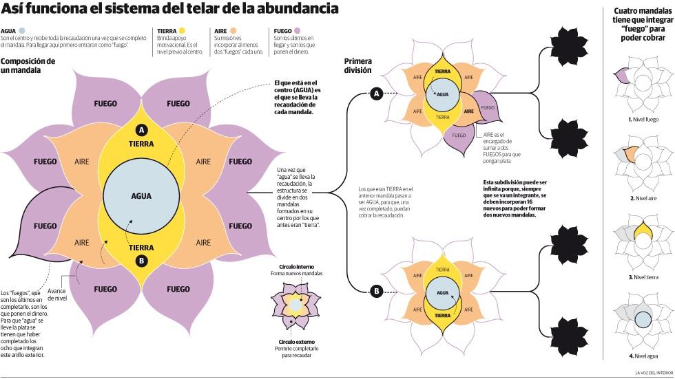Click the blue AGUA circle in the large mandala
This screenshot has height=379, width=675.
[141, 195]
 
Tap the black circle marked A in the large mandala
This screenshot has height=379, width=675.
[141, 130]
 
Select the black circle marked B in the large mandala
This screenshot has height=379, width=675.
[141, 261]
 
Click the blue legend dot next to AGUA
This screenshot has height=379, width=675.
[22, 31]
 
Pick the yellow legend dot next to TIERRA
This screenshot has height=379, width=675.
[182, 31]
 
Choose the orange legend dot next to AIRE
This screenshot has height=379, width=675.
[234, 31]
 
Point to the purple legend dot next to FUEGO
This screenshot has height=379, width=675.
[298, 31]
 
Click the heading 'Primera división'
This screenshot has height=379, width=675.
[358, 65]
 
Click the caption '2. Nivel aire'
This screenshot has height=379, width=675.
[642, 198]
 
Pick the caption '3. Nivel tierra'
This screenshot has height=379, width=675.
[642, 277]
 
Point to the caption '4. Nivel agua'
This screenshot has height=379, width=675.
[642, 356]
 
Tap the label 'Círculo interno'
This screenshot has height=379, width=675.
[296, 266]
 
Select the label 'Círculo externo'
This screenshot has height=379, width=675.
[296, 341]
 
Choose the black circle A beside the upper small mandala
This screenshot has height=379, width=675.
[376, 94]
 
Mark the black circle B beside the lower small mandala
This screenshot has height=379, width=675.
[376, 292]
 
